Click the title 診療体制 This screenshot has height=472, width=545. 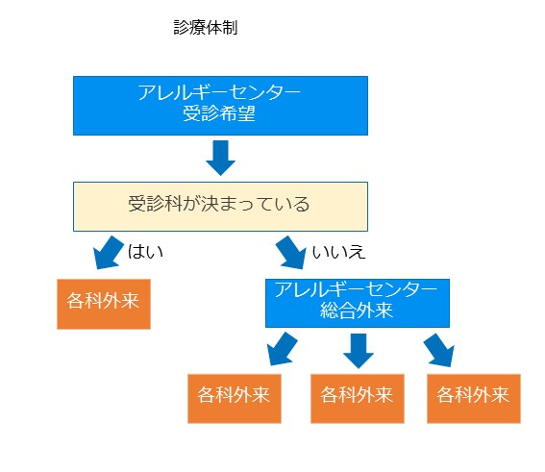click(206, 28)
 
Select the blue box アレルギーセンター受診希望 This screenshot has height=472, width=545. click(220, 106)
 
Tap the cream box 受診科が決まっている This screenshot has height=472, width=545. click(220, 207)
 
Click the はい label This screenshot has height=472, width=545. click(145, 252)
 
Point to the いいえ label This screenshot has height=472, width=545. click(338, 252)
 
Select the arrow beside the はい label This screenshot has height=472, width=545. click(108, 253)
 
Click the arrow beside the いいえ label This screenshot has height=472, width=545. click(291, 253)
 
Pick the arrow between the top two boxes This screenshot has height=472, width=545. click(220, 158)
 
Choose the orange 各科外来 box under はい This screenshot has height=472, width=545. click(104, 304)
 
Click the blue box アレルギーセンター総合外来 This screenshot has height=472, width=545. click(358, 303)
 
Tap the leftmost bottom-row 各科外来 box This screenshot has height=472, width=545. click(235, 399)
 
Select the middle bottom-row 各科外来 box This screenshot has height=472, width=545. click(358, 399)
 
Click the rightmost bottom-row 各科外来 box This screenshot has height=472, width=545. click(474, 399)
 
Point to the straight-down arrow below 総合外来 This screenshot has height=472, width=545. click(359, 351)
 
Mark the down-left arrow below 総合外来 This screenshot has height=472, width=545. click(283, 349)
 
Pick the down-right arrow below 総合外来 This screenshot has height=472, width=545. click(439, 350)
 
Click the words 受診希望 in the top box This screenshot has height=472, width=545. click(219, 113)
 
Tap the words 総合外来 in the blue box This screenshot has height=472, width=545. click(357, 311)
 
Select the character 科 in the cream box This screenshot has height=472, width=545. click(173, 204)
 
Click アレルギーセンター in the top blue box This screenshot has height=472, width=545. click(219, 92)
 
